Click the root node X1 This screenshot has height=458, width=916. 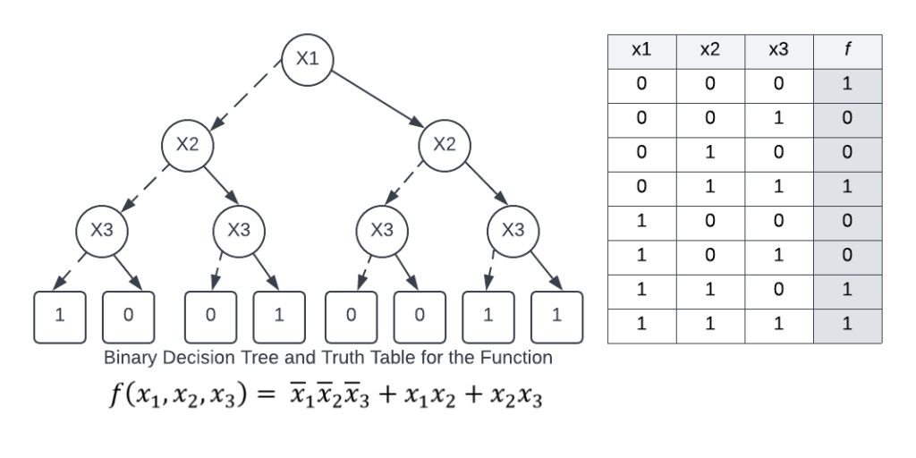(307, 59)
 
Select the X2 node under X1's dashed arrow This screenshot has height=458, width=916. (186, 145)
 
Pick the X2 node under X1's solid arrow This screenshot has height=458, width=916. (445, 145)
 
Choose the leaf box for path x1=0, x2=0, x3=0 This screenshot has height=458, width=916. (57, 317)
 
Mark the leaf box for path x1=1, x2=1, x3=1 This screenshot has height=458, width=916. (557, 317)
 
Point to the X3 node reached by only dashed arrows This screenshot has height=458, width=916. (101, 230)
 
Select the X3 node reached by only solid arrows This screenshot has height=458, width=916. (512, 230)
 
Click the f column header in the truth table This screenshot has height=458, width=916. (847, 51)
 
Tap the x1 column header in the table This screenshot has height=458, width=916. (641, 51)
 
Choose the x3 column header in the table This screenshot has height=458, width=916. (778, 51)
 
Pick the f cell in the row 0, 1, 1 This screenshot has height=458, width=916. (847, 188)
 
